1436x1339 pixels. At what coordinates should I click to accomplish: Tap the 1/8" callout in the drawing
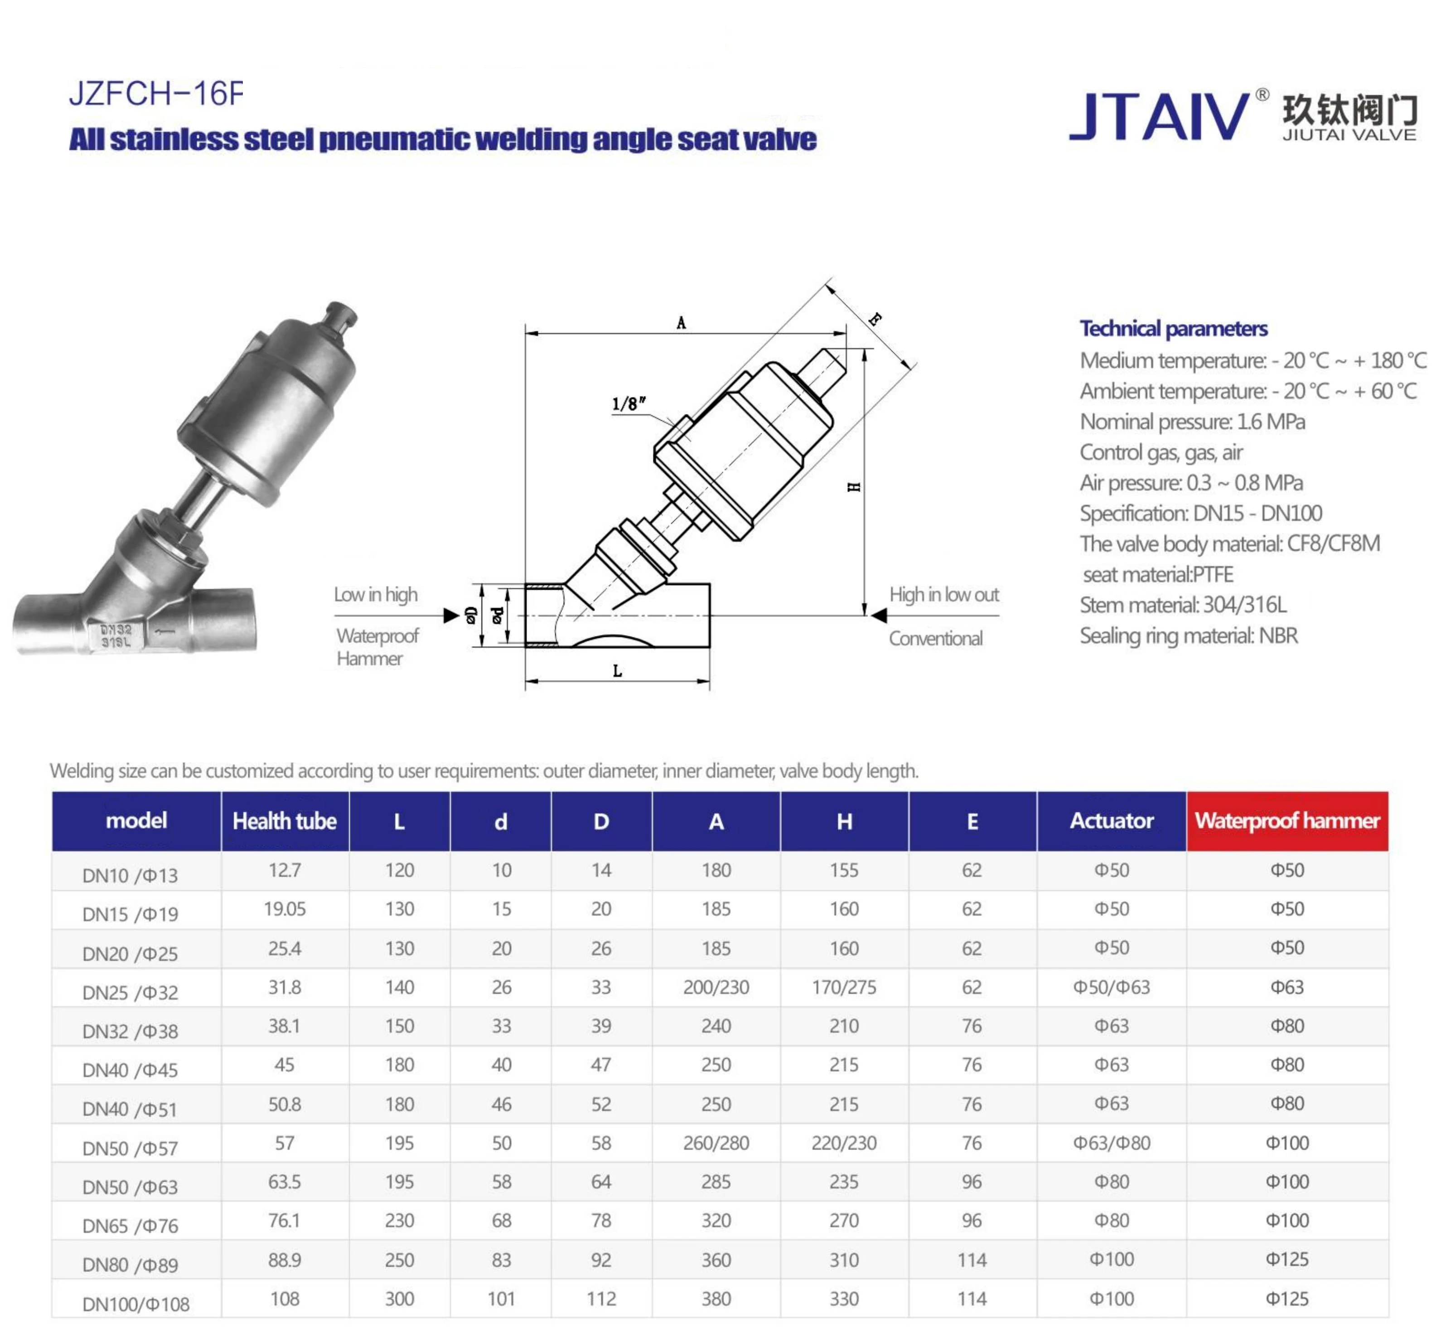629,403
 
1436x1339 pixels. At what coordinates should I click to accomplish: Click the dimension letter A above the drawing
681,323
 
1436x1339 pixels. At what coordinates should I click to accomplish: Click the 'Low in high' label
376,595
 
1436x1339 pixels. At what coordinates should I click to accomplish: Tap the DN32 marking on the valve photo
116,630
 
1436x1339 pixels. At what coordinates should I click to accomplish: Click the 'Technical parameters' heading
1174,329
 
